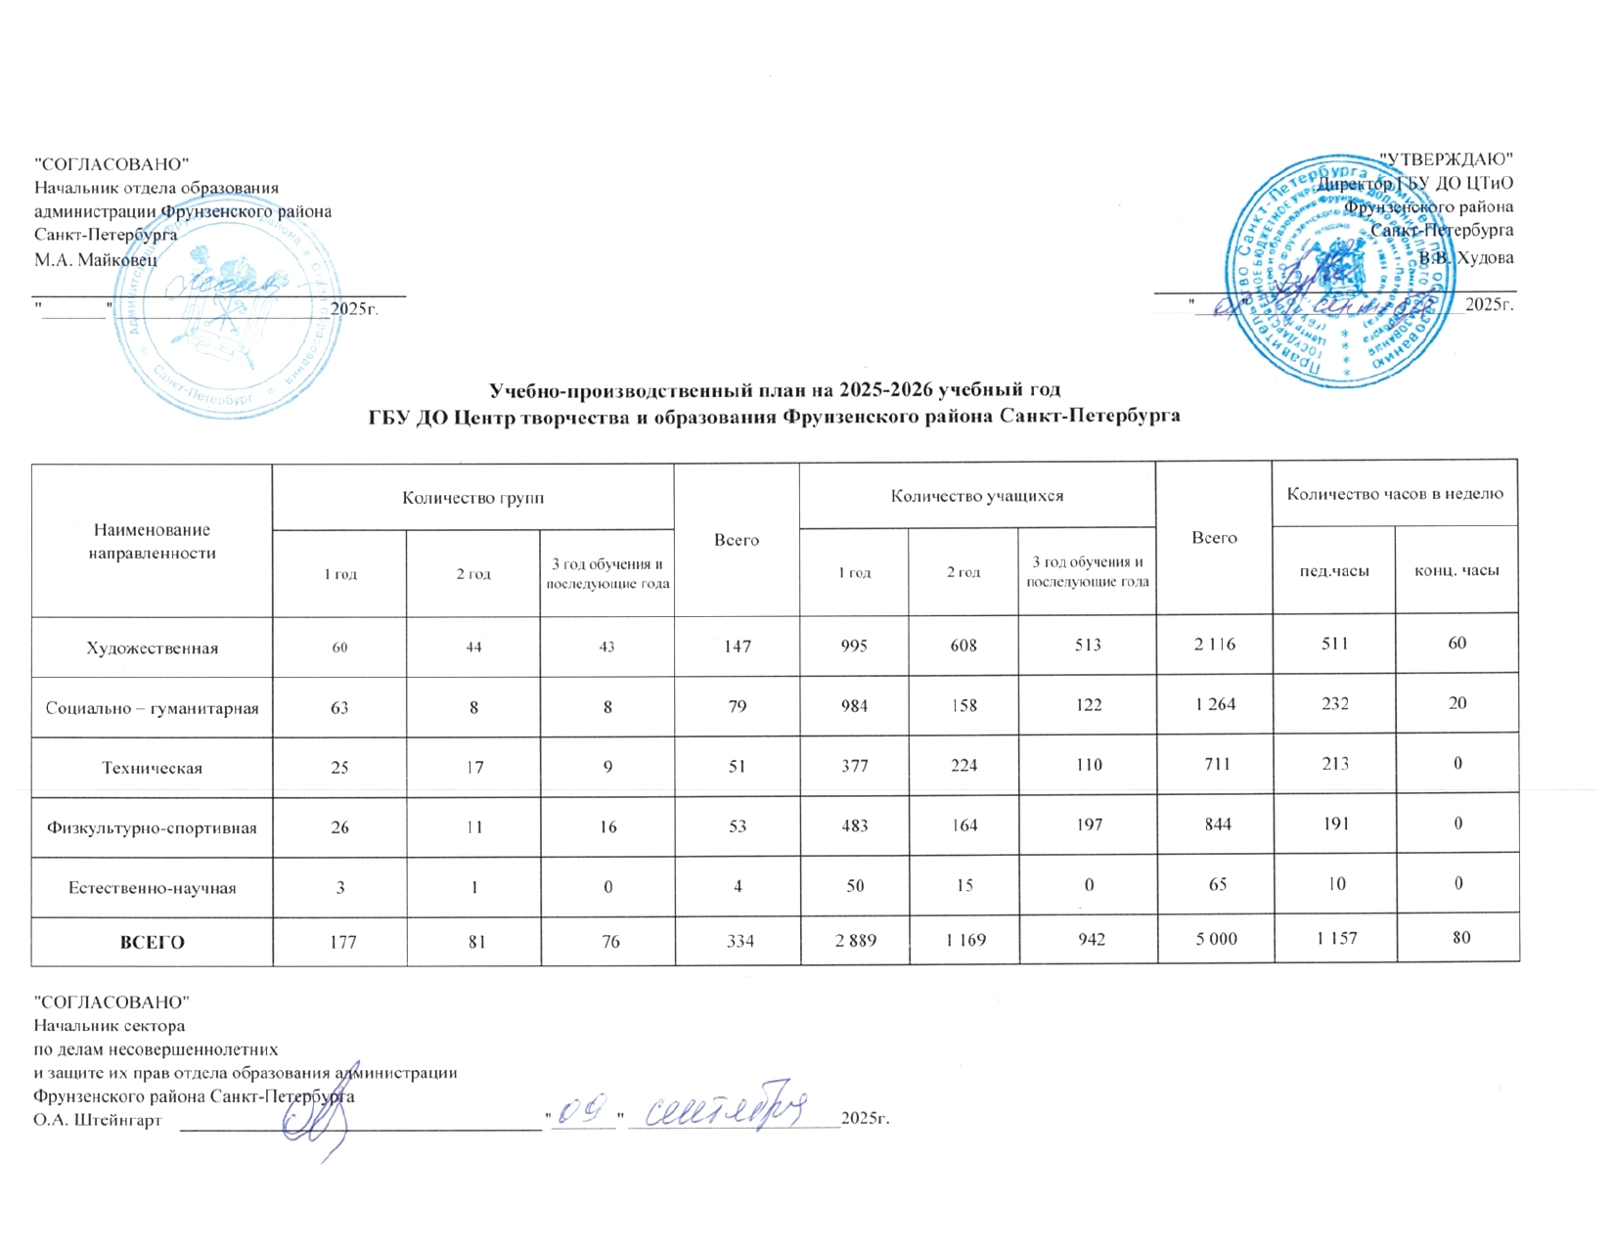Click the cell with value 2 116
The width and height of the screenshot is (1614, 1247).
click(x=1215, y=645)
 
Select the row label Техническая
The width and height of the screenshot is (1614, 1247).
click(x=152, y=768)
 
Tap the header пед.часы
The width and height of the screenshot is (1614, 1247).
click(x=1333, y=571)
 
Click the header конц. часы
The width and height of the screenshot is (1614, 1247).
click(x=1457, y=571)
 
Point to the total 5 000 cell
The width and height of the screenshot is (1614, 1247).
click(x=1216, y=939)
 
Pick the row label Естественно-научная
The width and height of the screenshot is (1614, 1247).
click(x=152, y=888)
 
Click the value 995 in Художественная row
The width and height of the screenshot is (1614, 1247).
click(x=854, y=646)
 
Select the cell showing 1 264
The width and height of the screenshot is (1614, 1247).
click(x=1215, y=704)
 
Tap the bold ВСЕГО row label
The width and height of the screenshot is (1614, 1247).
click(x=152, y=943)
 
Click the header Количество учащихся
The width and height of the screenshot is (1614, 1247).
click(x=976, y=496)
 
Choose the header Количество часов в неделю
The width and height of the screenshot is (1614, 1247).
click(x=1394, y=494)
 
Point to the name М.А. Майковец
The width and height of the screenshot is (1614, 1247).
click(x=95, y=259)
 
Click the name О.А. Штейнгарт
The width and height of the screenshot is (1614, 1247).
click(x=97, y=1119)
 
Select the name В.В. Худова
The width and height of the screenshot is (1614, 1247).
click(x=1466, y=258)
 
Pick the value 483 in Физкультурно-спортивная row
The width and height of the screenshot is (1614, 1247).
click(x=854, y=824)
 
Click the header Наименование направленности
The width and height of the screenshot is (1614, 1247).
click(x=152, y=541)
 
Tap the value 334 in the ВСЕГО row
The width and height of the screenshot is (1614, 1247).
click(x=737, y=941)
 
